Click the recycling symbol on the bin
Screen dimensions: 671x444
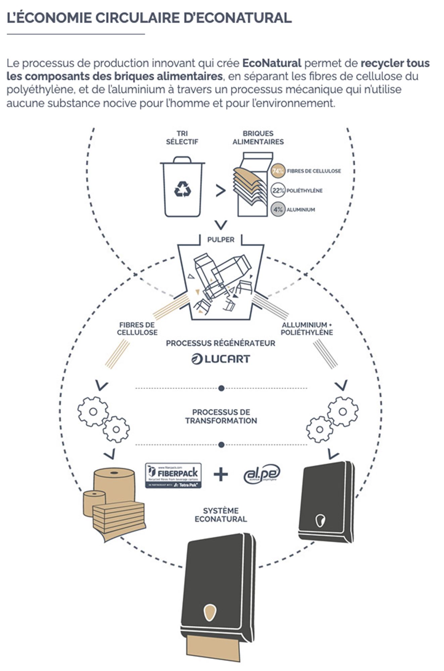[x=183, y=189]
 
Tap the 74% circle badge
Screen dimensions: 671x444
[x=278, y=171]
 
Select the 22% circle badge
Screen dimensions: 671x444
[x=278, y=191]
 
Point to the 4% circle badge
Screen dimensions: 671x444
[x=278, y=210]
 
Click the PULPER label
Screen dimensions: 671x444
[x=221, y=240]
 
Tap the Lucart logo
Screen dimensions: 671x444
[x=221, y=359]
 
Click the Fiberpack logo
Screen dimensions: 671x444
[x=173, y=475]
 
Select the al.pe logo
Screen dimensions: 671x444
[x=262, y=474]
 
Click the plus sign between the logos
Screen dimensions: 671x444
[x=221, y=474]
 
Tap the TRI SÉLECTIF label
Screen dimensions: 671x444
[x=182, y=138]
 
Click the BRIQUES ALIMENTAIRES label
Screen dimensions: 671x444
[x=258, y=138]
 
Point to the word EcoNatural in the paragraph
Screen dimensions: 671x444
[x=272, y=63]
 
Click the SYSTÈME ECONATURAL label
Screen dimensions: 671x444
[x=221, y=515]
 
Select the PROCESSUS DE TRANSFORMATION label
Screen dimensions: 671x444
[x=221, y=416]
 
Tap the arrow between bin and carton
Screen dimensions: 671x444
[x=220, y=191]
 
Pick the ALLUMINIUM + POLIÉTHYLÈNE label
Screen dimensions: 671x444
[x=307, y=328]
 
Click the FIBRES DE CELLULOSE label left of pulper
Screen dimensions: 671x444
[x=137, y=328]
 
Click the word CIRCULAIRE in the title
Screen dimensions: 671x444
[x=138, y=18]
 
